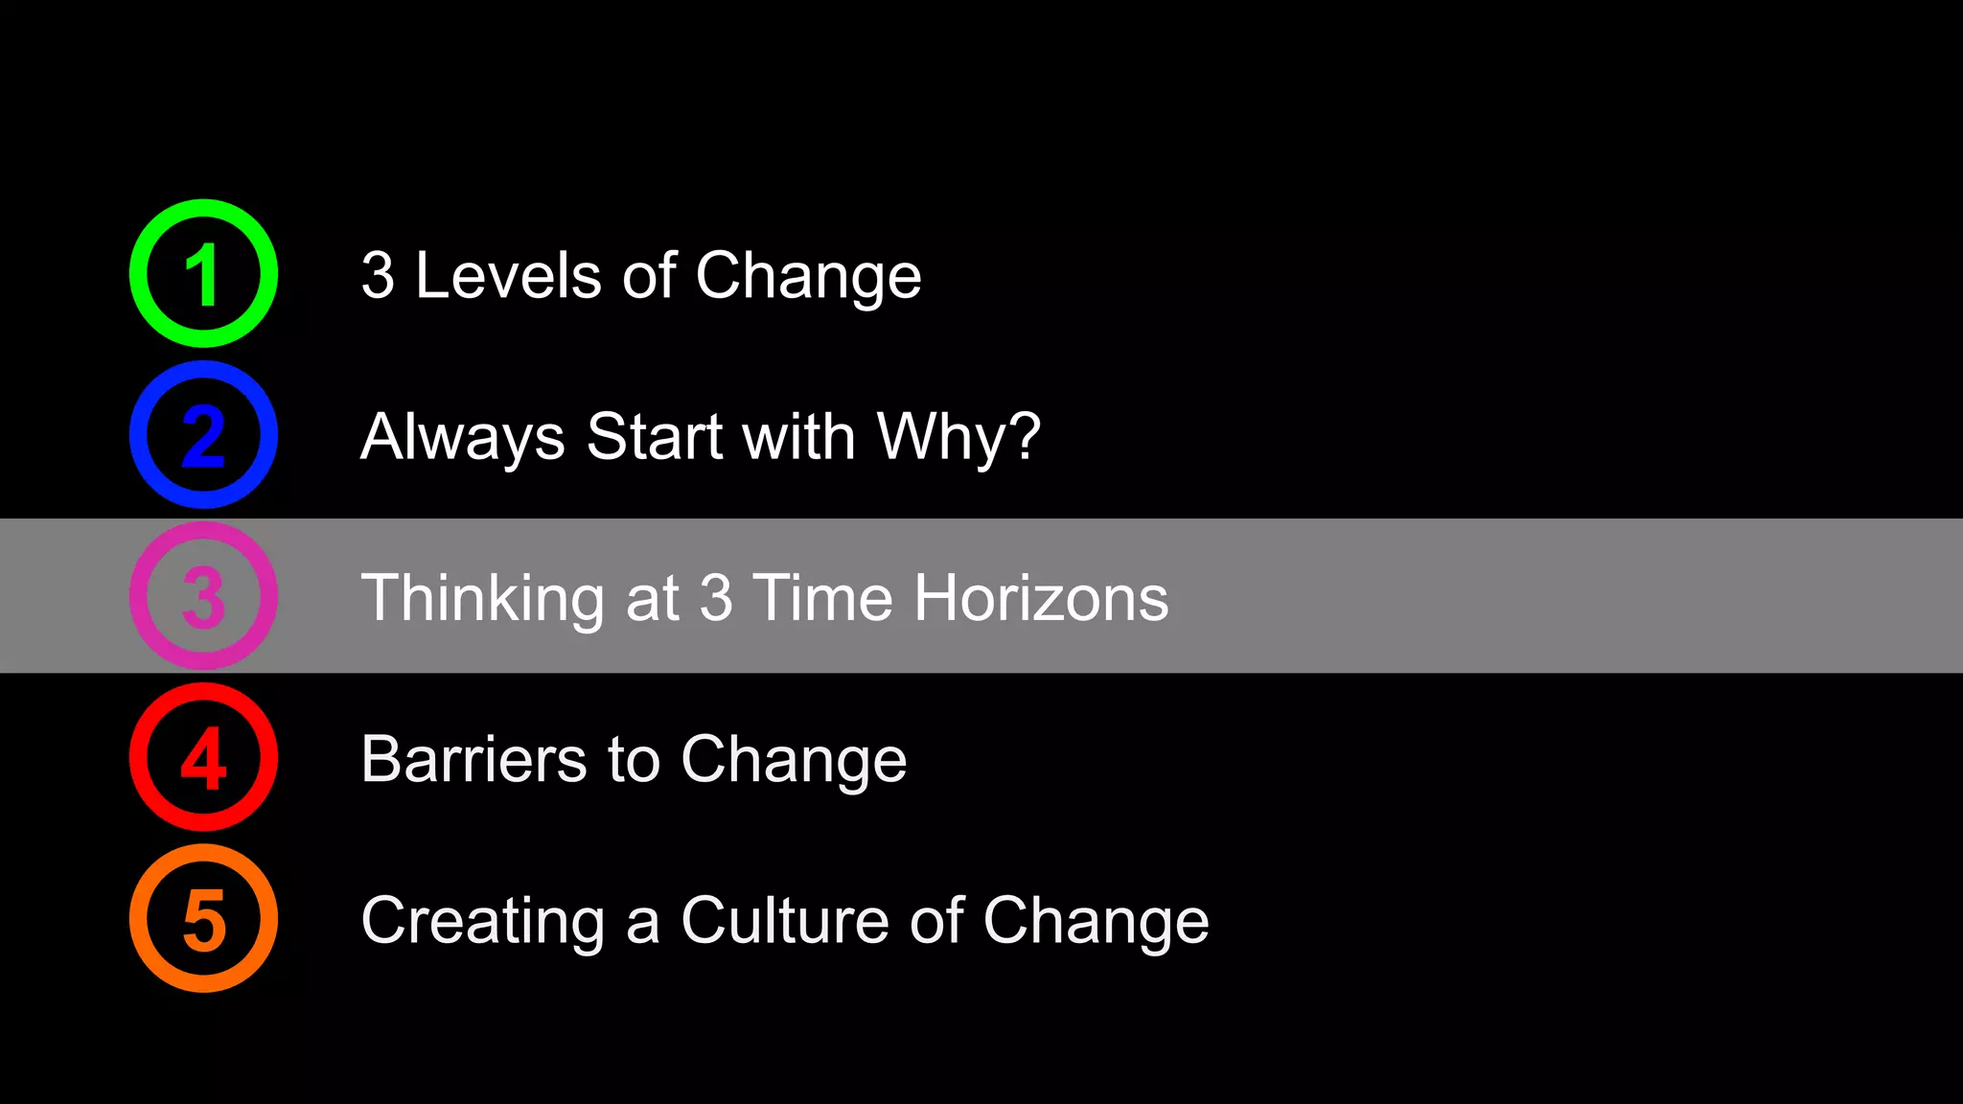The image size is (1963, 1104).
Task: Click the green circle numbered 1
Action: (203, 274)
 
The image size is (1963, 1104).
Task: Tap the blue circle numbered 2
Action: (203, 435)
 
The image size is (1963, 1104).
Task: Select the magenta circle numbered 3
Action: (203, 596)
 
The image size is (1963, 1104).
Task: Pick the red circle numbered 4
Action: (203, 757)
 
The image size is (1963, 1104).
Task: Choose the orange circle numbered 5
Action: (203, 918)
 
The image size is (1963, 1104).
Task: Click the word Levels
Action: (507, 276)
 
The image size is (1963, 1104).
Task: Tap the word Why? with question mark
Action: (958, 437)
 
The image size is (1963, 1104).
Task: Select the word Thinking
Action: (482, 598)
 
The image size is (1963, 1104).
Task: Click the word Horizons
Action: (1041, 598)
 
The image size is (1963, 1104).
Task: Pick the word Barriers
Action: (473, 759)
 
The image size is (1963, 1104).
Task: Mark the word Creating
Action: (482, 920)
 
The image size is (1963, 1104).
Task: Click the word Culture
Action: (785, 920)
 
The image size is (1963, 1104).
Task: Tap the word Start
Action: (655, 437)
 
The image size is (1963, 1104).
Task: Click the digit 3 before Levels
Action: (378, 276)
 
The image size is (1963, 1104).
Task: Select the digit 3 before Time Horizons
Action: (716, 598)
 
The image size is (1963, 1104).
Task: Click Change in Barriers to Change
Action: (794, 759)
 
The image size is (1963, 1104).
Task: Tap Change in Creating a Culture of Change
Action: (1096, 920)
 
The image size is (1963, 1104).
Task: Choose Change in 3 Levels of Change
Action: (808, 276)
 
